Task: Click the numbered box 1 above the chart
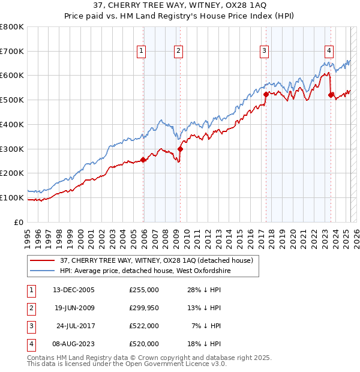click(141, 52)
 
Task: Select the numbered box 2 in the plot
click(179, 52)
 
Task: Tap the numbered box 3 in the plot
click(264, 52)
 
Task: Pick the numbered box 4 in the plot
click(329, 52)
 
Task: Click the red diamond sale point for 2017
click(266, 94)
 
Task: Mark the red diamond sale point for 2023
click(331, 94)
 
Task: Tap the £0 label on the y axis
click(19, 222)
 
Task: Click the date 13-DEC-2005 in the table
click(73, 290)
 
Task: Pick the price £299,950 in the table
click(144, 308)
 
